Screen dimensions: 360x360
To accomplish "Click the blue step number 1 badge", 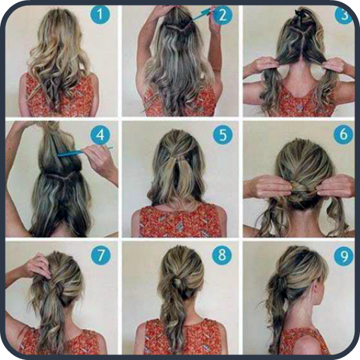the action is (x=100, y=14).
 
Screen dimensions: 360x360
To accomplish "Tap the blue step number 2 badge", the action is (x=222, y=15).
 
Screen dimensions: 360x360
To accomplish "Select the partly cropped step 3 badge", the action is (x=344, y=14).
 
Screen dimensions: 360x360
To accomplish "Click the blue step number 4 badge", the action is (x=101, y=134).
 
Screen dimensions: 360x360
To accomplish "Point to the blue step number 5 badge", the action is (x=223, y=134).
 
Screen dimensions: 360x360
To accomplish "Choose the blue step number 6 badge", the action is (x=343, y=134).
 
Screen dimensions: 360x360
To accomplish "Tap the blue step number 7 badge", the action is (x=101, y=255).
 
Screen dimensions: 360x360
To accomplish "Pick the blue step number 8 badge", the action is (x=222, y=255).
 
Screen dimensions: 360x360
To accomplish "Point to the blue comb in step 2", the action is (x=202, y=14).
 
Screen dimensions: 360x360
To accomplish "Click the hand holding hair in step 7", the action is (x=37, y=266).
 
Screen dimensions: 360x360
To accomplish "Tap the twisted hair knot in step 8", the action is (x=179, y=283).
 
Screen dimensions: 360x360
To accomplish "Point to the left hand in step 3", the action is (x=262, y=65).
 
